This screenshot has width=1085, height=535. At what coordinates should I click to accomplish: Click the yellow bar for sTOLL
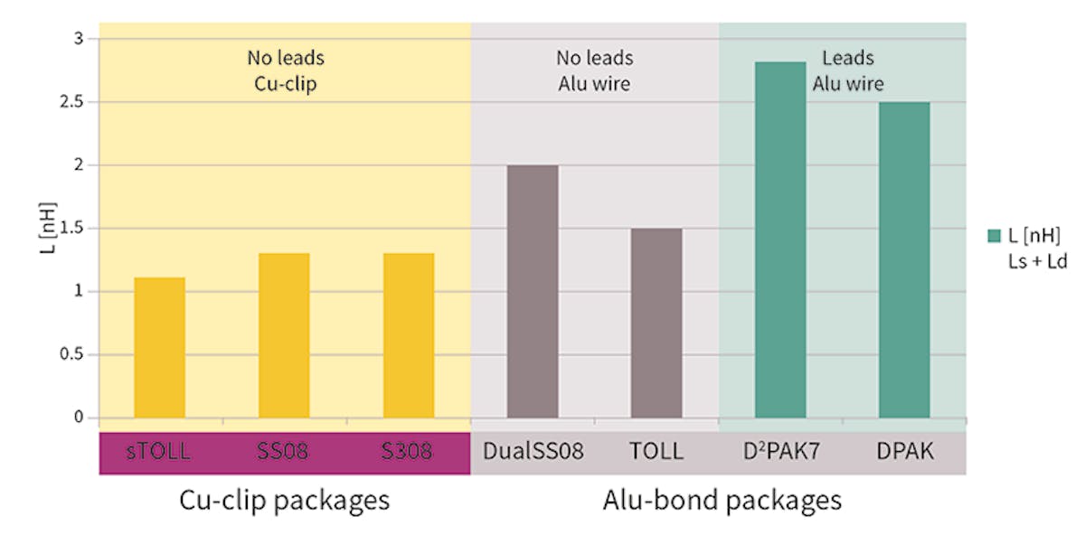[160, 348]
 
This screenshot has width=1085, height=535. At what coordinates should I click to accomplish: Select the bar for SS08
[284, 335]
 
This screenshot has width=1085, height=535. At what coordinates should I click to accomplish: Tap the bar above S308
[409, 335]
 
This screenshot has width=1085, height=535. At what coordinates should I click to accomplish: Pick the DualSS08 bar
[533, 291]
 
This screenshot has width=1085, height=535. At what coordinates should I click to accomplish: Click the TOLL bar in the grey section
[656, 323]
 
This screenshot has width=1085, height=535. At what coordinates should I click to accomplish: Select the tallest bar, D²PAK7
[780, 239]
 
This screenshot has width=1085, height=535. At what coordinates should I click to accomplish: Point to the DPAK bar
[904, 260]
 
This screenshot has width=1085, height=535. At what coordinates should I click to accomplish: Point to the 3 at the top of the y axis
[79, 39]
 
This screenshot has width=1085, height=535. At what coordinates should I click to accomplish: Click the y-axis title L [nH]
[50, 229]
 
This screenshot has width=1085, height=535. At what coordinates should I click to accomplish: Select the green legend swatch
[995, 236]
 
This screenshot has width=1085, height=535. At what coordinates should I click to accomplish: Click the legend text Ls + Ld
[1037, 260]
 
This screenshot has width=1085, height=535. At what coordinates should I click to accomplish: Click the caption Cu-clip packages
[285, 500]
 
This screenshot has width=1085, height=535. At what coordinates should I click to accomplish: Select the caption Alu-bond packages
[722, 500]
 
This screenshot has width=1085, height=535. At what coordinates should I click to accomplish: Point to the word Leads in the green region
[848, 59]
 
